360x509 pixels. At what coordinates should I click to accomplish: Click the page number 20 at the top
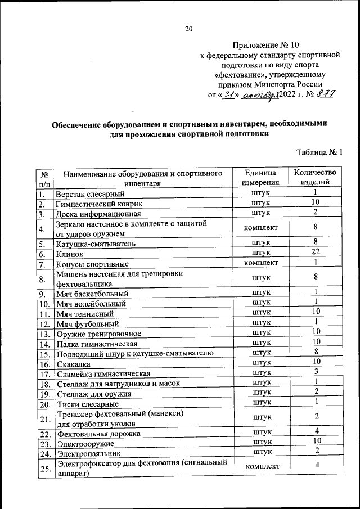(x=188, y=29)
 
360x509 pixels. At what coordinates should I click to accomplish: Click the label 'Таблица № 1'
(x=319, y=152)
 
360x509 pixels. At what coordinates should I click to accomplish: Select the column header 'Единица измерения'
(x=260, y=178)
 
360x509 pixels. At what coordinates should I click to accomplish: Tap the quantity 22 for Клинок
(x=316, y=253)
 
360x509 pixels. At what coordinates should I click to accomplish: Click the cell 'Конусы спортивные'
(x=92, y=263)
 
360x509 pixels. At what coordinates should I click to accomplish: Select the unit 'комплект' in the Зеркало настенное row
(x=261, y=228)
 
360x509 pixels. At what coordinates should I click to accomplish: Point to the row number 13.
(x=44, y=334)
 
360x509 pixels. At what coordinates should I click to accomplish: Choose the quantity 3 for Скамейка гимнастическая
(x=316, y=372)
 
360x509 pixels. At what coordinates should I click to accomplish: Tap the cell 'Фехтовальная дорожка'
(x=97, y=433)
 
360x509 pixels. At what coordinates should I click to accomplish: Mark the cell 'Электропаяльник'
(x=88, y=452)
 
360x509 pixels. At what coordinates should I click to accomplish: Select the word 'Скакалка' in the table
(x=74, y=363)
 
